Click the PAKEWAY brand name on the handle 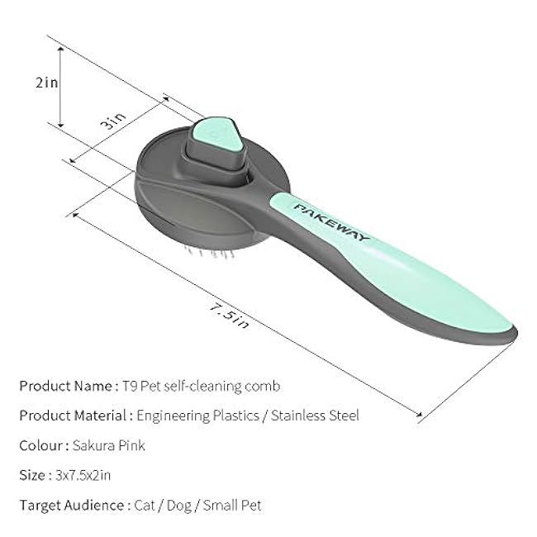tap(331, 221)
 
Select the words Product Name tap(64, 386)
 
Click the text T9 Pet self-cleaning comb tap(200, 386)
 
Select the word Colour tap(41, 445)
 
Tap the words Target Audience tap(72, 505)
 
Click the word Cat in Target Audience tap(145, 505)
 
